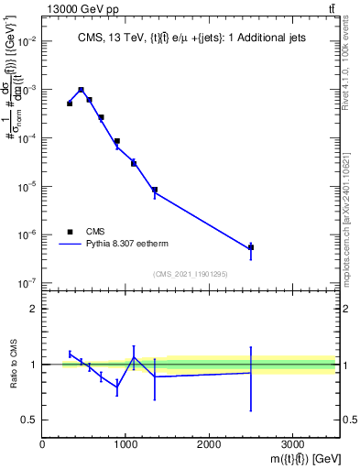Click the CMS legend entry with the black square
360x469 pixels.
[97, 232]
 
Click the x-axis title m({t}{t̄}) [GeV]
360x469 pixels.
[294, 458]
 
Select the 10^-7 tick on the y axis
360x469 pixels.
[27, 283]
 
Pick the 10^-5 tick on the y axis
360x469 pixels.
[27, 187]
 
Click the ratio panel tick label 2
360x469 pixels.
[33, 309]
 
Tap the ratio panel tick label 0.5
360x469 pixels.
[29, 420]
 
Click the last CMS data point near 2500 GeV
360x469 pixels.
[251, 248]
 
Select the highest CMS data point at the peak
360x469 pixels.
[82, 90]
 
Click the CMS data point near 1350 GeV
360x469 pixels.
[155, 190]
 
